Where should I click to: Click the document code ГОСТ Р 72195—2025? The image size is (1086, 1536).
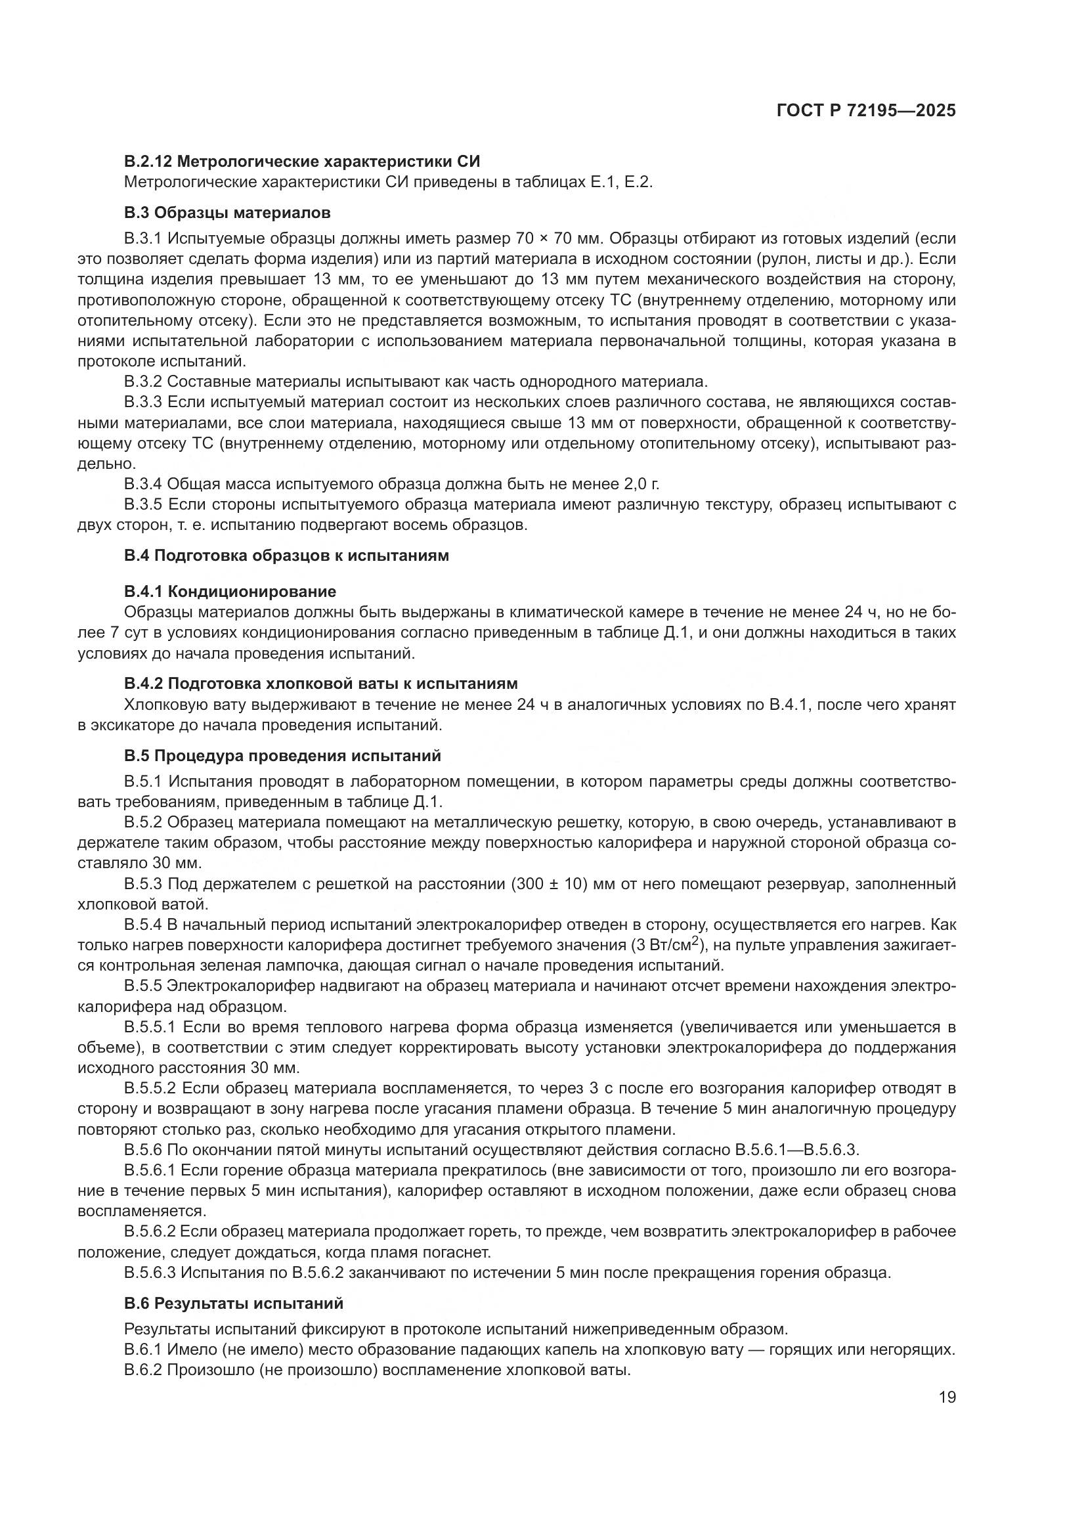coord(866,111)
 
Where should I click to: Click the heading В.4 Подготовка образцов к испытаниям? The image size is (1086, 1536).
coord(286,556)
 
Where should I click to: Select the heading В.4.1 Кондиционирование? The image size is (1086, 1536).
coord(230,592)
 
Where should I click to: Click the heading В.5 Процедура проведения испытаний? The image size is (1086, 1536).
coord(282,756)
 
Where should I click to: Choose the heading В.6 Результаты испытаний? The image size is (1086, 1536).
coord(233,1303)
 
